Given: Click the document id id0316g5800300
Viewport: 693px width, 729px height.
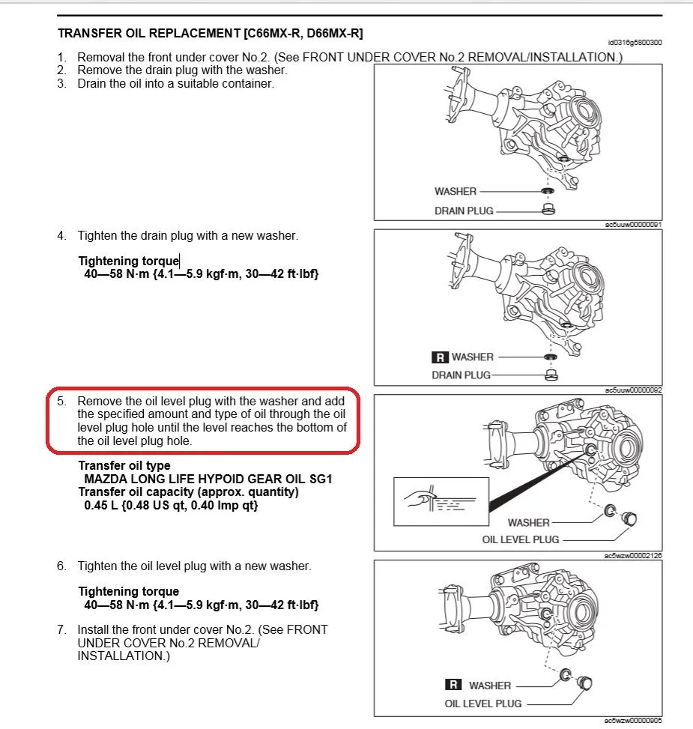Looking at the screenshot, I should point(636,43).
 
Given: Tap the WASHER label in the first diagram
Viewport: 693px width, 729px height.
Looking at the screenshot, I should point(455,191).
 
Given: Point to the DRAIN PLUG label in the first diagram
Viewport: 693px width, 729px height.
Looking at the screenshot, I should point(463,211).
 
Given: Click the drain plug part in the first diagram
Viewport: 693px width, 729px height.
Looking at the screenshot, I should point(548,209).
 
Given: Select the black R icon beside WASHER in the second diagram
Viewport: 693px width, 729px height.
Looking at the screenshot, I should point(440,357).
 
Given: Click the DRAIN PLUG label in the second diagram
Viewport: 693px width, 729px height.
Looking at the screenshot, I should point(461,375).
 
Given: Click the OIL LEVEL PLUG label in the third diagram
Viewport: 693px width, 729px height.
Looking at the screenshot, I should point(521,539).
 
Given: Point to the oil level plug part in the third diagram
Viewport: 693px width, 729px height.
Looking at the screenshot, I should point(629,518).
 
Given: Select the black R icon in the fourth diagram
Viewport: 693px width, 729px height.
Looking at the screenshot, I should point(453,685).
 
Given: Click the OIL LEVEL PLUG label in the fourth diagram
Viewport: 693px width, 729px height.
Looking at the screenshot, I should point(483,704).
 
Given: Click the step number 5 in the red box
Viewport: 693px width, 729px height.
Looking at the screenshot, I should point(61,402).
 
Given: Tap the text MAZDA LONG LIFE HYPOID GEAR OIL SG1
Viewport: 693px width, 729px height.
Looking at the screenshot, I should point(208,479).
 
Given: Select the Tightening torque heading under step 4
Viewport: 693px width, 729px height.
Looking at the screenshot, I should point(128,261).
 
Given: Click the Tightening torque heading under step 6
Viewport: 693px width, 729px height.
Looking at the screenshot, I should point(128,591).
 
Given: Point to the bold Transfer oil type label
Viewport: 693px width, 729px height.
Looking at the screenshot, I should point(124,465).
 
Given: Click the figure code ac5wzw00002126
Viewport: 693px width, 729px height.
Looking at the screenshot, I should point(633,556).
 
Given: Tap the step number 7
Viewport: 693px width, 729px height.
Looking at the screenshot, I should point(61,629).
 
